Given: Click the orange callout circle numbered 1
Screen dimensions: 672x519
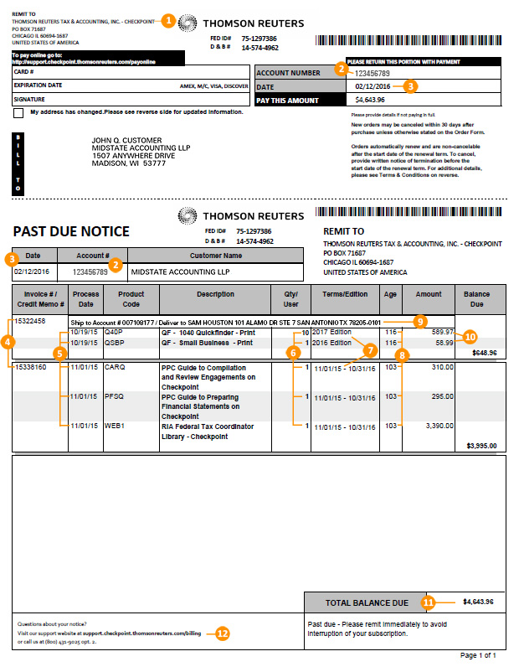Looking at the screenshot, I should [168, 20].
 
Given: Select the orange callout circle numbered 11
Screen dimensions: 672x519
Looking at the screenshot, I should [428, 602].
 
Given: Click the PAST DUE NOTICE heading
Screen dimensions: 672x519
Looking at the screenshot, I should [71, 231].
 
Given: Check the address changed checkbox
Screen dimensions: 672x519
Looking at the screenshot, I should [18, 112].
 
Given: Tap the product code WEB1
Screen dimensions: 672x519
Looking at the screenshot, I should [114, 426].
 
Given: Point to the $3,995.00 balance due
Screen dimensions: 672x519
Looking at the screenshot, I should [480, 446].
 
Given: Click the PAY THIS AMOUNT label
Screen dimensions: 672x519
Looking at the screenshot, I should [289, 101].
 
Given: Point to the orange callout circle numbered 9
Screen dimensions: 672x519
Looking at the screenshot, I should [420, 321].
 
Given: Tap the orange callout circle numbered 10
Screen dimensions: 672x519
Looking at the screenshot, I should [470, 336].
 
